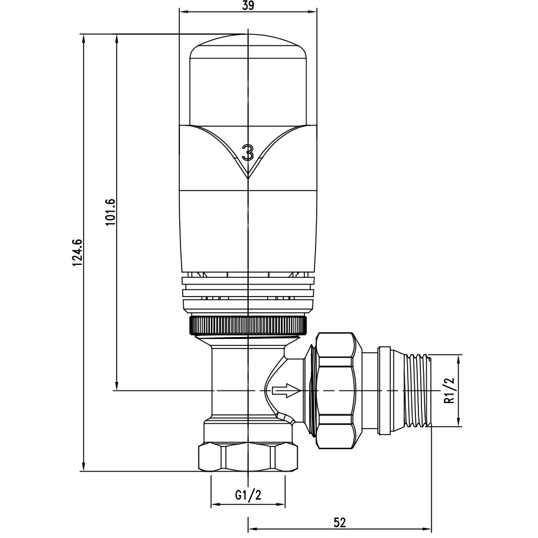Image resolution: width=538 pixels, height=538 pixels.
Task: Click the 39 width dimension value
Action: coord(247,6)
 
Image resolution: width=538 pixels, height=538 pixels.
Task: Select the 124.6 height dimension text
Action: coord(78,252)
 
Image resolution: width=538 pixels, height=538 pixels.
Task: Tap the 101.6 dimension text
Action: coord(111,212)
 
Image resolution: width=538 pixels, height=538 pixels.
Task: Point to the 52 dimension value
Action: coord(340,522)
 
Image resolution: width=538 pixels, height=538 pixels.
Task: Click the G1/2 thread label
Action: coord(248,495)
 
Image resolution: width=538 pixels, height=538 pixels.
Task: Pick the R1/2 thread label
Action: coord(449,391)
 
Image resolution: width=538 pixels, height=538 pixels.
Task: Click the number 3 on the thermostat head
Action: coord(247,152)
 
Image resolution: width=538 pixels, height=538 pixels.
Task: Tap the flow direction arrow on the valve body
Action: coord(286,391)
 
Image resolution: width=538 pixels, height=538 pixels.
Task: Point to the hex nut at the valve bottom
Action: coord(247,458)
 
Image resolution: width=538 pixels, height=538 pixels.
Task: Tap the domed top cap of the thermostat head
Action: coord(247,79)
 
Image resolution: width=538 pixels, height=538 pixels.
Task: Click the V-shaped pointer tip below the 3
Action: coord(247,178)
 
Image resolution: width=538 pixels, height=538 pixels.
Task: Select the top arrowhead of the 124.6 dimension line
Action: coord(83,38)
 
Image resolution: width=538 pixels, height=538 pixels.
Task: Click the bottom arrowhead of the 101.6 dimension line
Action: coord(117,386)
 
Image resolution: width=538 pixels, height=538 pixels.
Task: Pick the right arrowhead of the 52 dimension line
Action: coord(427,529)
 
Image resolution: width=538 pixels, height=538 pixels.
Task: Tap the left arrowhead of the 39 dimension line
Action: coord(184,12)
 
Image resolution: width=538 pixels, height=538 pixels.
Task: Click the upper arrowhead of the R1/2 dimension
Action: coord(458,359)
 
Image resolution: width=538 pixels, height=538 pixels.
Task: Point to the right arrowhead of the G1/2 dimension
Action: coord(281,505)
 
